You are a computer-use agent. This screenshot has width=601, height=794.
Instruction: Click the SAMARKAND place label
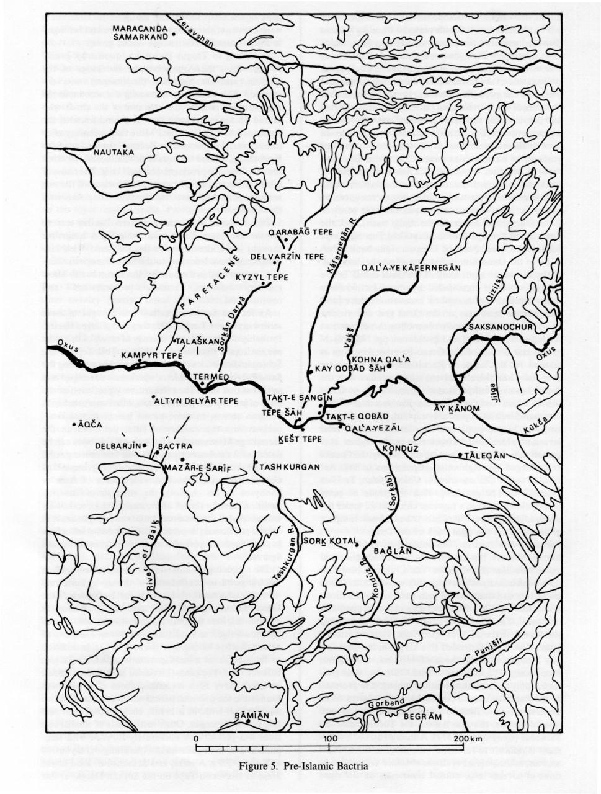[x=141, y=37]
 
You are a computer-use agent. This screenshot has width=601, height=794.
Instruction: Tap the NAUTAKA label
[x=112, y=151]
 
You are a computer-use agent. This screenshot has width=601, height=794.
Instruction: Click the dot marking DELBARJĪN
[x=144, y=445]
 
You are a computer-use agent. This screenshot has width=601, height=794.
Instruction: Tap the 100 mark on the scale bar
[x=330, y=738]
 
